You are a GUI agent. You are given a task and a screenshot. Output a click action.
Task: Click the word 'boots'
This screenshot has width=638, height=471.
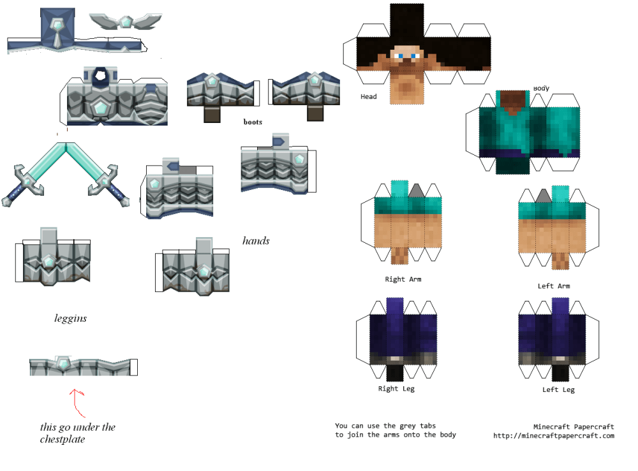coord(253,121)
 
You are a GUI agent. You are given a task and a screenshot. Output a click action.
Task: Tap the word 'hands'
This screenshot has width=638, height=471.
coord(256,241)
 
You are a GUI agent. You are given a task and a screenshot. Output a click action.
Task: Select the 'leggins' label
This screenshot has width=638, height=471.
coord(70,317)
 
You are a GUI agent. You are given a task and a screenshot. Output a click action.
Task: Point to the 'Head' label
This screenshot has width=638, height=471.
coord(369,97)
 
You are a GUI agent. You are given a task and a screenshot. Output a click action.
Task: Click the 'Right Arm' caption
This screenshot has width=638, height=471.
coord(403,279)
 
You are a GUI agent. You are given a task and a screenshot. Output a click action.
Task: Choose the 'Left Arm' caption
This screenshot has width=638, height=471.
coord(553,286)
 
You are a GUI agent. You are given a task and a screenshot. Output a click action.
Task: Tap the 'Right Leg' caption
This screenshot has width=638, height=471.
coord(397,389)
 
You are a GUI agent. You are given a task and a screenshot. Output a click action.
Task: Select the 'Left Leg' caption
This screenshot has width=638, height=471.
coord(558,389)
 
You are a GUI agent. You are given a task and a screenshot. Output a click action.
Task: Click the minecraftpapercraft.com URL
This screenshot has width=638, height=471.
coord(553,436)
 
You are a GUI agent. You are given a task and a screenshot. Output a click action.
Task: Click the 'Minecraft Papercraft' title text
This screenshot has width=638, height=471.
coord(574,426)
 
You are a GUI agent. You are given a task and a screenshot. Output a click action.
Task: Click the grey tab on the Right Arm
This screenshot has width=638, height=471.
coord(417,190)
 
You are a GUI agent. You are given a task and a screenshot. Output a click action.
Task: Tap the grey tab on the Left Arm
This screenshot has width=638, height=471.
coord(544,196)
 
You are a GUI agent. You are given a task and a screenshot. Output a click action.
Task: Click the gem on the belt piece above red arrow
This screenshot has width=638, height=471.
coord(64,363)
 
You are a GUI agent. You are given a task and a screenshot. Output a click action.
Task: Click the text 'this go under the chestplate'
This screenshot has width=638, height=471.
coord(77,433)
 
